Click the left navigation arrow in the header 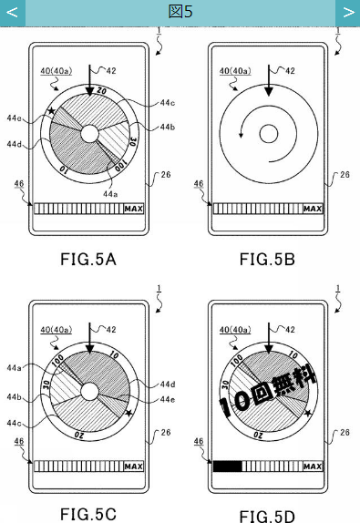pyautogui.click(x=12, y=13)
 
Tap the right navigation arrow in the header pyautogui.click(x=349, y=13)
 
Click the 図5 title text pyautogui.click(x=180, y=11)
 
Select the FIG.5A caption pyautogui.click(x=88, y=259)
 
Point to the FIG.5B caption pyautogui.click(x=267, y=259)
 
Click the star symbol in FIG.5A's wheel pyautogui.click(x=51, y=110)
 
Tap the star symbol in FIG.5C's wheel pyautogui.click(x=129, y=413)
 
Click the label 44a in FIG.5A pyautogui.click(x=110, y=194)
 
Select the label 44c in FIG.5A pyautogui.click(x=167, y=102)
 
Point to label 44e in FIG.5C pyautogui.click(x=167, y=399)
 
